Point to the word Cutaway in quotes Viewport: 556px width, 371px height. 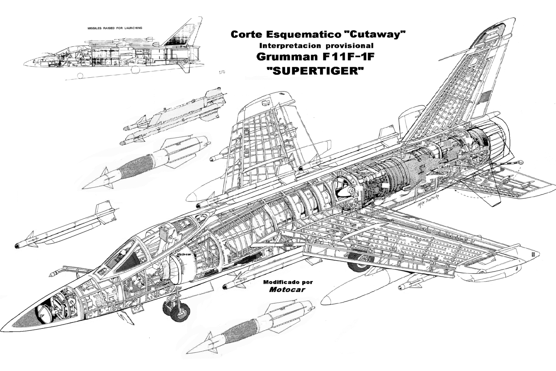point(372,34)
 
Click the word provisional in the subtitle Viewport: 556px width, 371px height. point(349,46)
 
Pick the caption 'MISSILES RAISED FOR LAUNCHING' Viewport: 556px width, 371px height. point(115,28)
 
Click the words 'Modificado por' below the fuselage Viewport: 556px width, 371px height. point(288,282)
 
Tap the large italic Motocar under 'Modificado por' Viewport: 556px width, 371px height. point(287,289)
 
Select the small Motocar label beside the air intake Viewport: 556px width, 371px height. point(184,255)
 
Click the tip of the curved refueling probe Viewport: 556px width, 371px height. point(51,274)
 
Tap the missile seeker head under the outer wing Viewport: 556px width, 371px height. point(403,287)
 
